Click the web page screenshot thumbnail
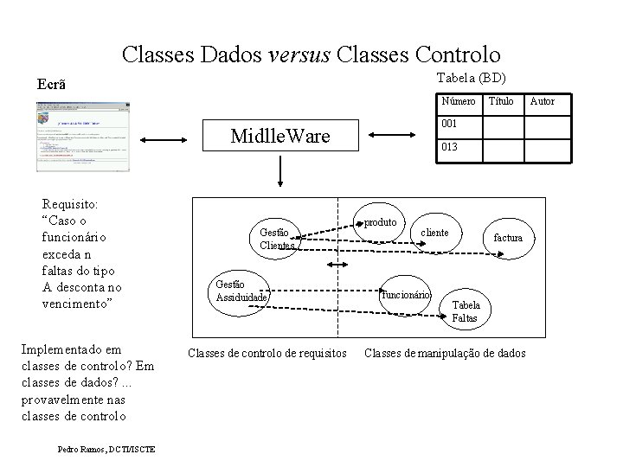pyautogui.click(x=83, y=137)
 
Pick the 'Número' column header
pyautogui.click(x=459, y=102)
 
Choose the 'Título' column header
pyautogui.click(x=502, y=102)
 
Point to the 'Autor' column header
pyautogui.click(x=543, y=102)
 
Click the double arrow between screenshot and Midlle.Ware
pyautogui.click(x=167, y=138)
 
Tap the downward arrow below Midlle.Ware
pyautogui.click(x=280, y=174)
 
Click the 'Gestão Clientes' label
pyautogui.click(x=277, y=238)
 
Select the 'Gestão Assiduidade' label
pyautogui.click(x=241, y=291)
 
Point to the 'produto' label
pyautogui.click(x=380, y=222)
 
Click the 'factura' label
pyautogui.click(x=508, y=237)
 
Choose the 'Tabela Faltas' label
pyautogui.click(x=466, y=311)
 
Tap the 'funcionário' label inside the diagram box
pyautogui.click(x=406, y=294)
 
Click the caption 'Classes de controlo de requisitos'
pyautogui.click(x=267, y=353)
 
